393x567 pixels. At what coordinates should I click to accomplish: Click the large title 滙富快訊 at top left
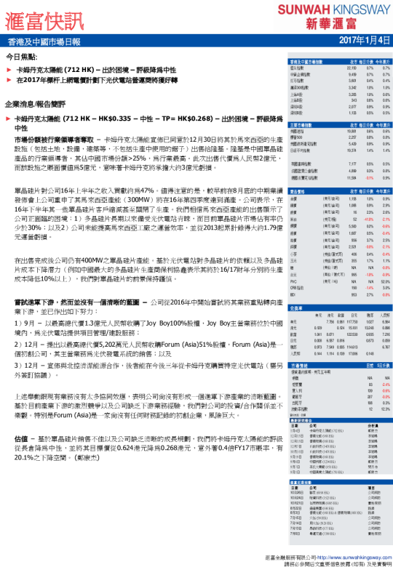pyautogui.click(x=43, y=17)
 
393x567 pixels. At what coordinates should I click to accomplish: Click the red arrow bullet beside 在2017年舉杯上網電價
pyautogui.click(x=8, y=81)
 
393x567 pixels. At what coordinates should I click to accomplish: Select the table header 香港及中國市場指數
pyautogui.click(x=309, y=62)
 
